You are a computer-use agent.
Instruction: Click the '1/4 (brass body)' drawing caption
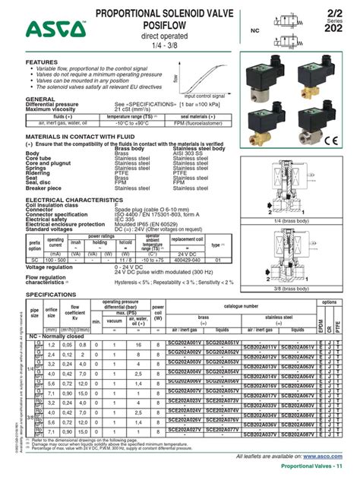pyautogui.click(x=290, y=220)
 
